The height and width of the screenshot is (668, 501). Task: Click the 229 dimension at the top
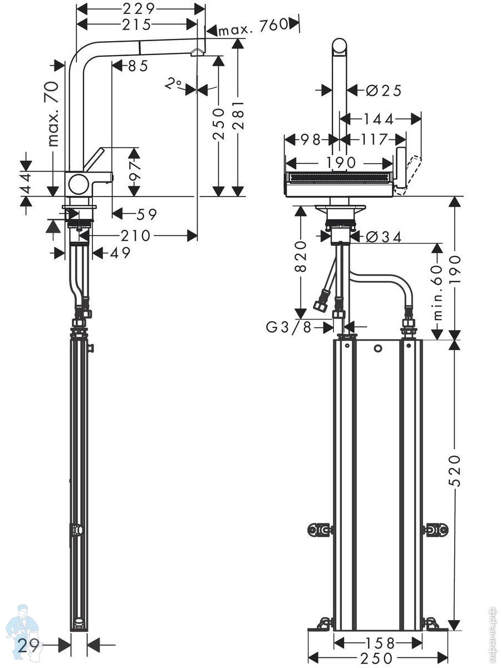[x=139, y=9]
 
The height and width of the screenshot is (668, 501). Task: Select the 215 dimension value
[x=136, y=24]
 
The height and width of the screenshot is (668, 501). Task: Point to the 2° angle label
[x=173, y=83]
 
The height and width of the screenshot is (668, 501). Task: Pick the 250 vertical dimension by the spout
[x=218, y=124]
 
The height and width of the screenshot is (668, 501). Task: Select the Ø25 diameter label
[x=384, y=90]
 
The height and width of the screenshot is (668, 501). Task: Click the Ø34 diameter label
[x=384, y=237]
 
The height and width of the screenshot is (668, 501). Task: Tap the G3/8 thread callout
[x=289, y=327]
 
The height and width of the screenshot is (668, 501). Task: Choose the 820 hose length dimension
[x=300, y=256]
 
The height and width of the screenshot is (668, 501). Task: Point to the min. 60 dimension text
[x=437, y=292]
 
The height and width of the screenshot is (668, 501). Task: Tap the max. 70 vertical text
[x=54, y=114]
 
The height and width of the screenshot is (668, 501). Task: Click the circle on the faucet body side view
[x=79, y=184]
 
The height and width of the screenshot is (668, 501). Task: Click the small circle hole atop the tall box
[x=378, y=348]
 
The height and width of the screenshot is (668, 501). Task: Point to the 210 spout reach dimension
[x=136, y=235]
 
